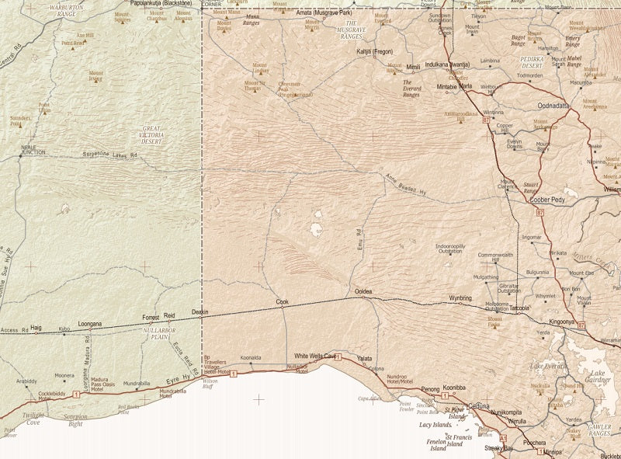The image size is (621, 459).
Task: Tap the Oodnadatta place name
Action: tap(553, 106)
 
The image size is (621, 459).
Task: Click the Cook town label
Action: tap(282, 301)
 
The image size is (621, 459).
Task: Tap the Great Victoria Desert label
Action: tap(151, 135)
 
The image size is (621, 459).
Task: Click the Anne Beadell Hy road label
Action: tap(406, 183)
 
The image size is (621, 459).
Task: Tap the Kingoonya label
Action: tap(561, 321)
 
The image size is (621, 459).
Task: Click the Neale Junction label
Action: tap(33, 149)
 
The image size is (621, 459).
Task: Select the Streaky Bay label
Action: tap(498, 448)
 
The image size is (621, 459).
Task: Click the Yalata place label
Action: tap(364, 358)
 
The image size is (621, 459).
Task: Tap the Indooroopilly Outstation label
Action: tap(450, 249)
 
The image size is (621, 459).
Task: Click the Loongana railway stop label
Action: tap(90, 323)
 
